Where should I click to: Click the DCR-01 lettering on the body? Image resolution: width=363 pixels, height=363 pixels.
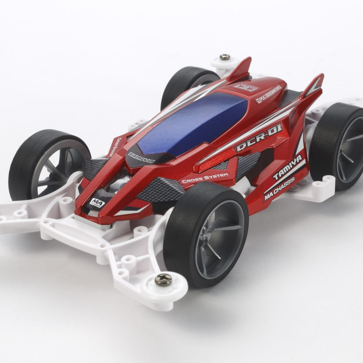pyautogui.click(x=259, y=138)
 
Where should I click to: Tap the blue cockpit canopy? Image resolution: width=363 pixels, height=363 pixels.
pyautogui.click(x=191, y=121)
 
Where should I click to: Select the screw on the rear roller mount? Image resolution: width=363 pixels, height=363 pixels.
pyautogui.click(x=224, y=57)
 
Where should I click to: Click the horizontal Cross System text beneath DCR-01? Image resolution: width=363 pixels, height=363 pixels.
pyautogui.click(x=205, y=178)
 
